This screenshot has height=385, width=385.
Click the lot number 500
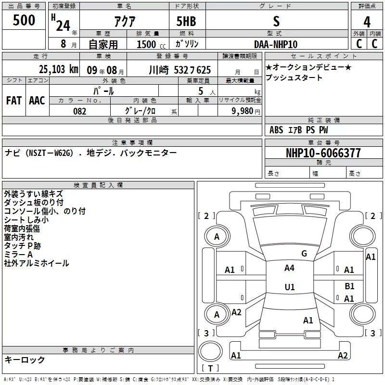24,20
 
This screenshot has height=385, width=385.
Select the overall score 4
367,22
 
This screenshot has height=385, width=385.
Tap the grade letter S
276,21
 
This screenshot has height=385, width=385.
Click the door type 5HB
186,21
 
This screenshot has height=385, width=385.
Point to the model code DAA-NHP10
276,44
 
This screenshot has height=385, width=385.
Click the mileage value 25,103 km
59,69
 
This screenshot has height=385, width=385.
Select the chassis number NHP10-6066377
323,153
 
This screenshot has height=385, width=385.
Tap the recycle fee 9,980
243,111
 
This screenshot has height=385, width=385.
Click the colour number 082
79,111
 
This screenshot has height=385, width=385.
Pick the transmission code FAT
14,101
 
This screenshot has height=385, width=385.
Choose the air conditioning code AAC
37,101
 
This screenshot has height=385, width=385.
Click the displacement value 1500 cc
151,44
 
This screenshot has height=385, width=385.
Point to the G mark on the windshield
304,254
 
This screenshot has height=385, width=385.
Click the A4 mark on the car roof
289,268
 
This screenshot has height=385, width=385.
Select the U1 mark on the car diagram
290,287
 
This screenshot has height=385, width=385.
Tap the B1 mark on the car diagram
349,286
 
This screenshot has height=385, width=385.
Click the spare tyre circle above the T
210,351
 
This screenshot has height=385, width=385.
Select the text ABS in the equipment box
276,130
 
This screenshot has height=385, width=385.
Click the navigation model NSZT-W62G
50,153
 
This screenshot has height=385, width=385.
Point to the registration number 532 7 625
192,70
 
